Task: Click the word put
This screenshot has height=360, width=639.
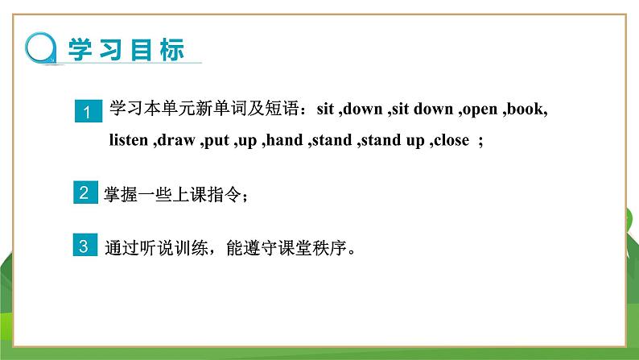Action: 216,141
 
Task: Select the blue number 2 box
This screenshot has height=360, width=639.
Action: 85,192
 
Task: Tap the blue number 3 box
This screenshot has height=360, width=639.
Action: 85,246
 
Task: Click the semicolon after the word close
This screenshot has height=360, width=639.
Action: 480,141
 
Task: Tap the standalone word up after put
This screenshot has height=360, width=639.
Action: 247,141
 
